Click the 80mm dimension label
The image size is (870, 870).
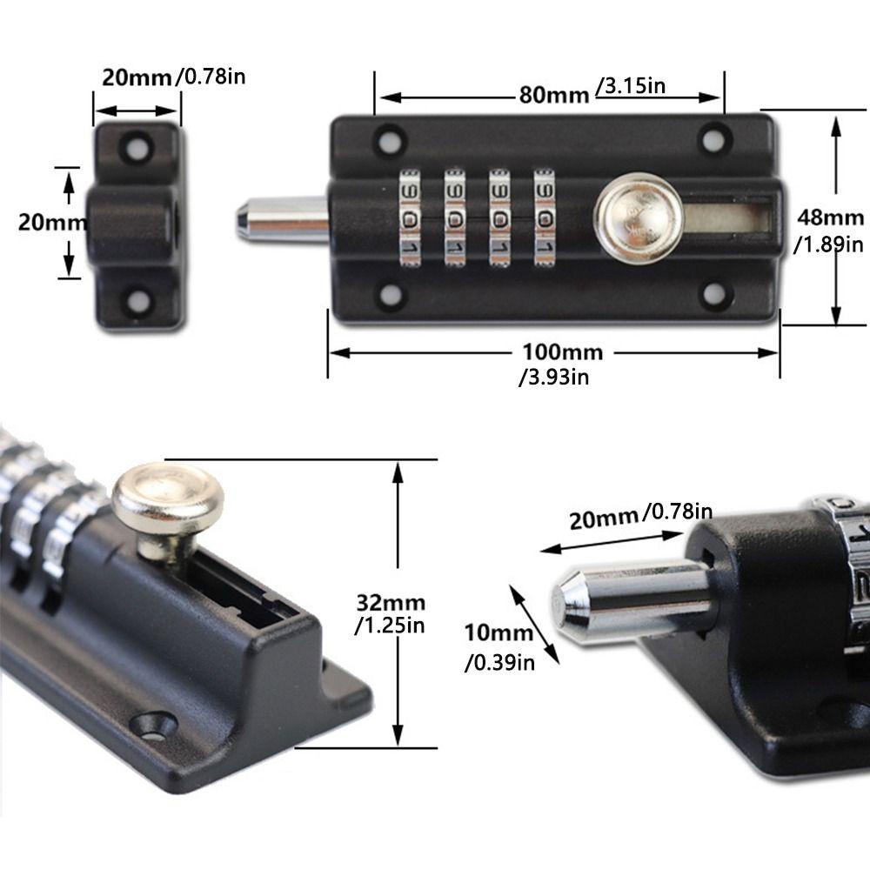coord(553,96)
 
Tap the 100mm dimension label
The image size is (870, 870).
coord(563,352)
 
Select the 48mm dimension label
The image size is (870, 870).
coord(831,217)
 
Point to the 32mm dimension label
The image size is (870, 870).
coord(391,603)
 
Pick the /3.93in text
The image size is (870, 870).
coord(553,378)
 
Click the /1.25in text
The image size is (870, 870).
coord(390,626)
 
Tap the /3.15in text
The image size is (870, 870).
coord(630,86)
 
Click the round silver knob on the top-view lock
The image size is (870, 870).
coord(639,217)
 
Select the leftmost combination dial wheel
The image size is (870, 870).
coord(410,218)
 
